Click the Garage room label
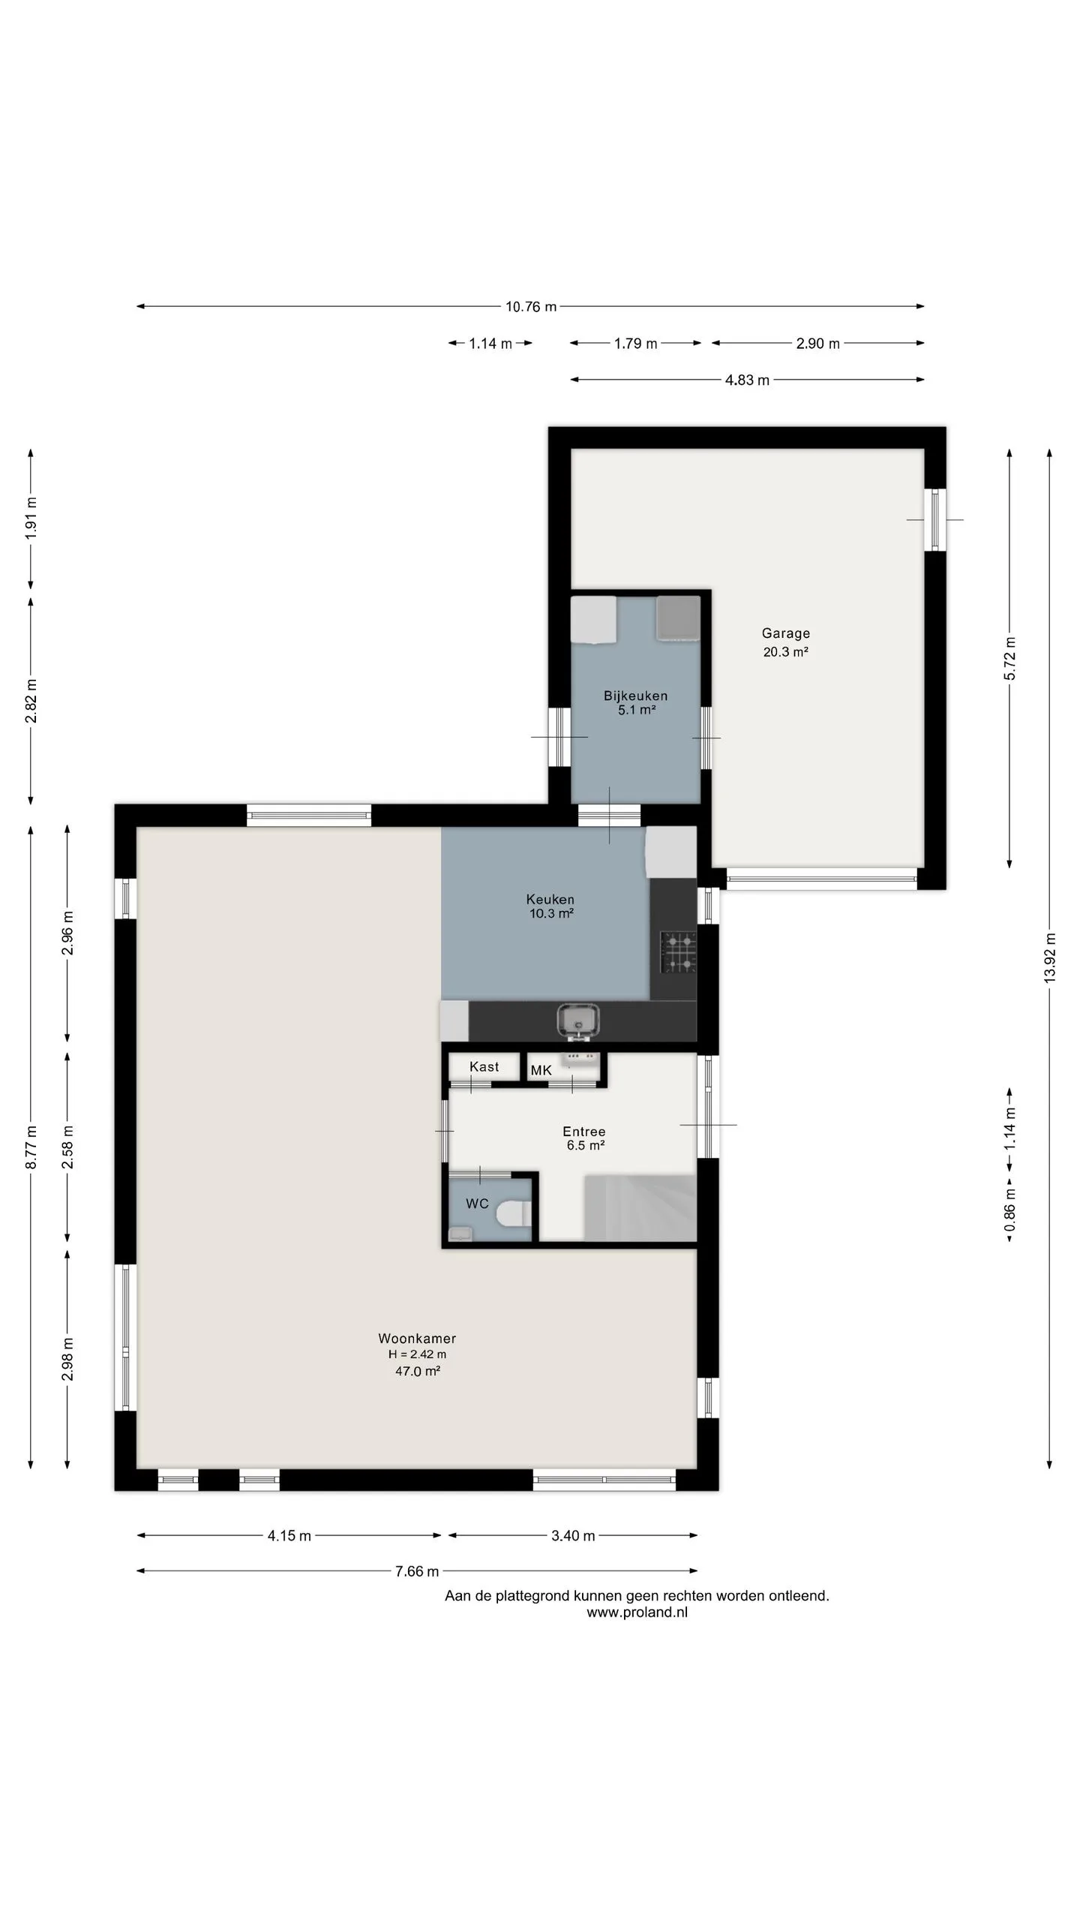(x=785, y=633)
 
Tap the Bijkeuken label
(x=635, y=696)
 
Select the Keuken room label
(x=550, y=899)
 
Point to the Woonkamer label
(x=417, y=1338)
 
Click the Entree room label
(x=584, y=1132)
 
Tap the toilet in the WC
(x=517, y=1212)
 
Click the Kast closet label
(x=484, y=1066)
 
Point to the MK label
(x=541, y=1071)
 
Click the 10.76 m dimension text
(x=531, y=306)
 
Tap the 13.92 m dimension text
(x=1049, y=957)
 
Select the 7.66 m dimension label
(x=417, y=1571)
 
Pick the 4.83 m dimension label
(x=747, y=380)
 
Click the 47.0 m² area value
(x=417, y=1371)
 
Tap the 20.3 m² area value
(x=785, y=652)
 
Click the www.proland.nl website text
(x=637, y=1613)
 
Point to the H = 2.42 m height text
(x=417, y=1354)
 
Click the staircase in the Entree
(x=640, y=1208)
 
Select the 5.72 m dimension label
(x=1009, y=659)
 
